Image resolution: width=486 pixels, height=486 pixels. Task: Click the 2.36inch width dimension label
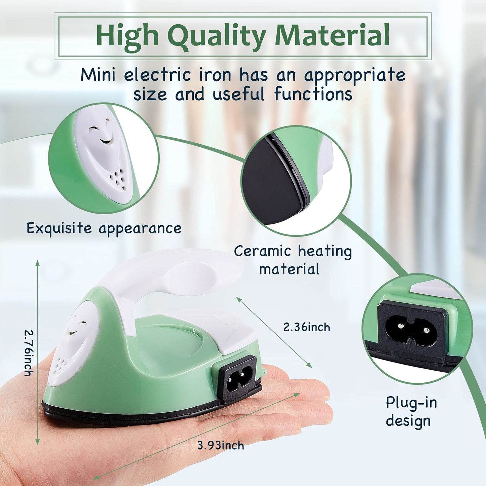306,327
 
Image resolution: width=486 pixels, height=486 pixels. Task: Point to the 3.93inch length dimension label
220,446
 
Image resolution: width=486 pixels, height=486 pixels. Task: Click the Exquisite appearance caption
104,228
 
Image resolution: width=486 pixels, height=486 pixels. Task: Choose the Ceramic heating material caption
293,260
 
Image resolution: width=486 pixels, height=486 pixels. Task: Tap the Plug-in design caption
411,411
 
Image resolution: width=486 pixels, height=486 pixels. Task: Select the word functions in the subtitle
313,94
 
